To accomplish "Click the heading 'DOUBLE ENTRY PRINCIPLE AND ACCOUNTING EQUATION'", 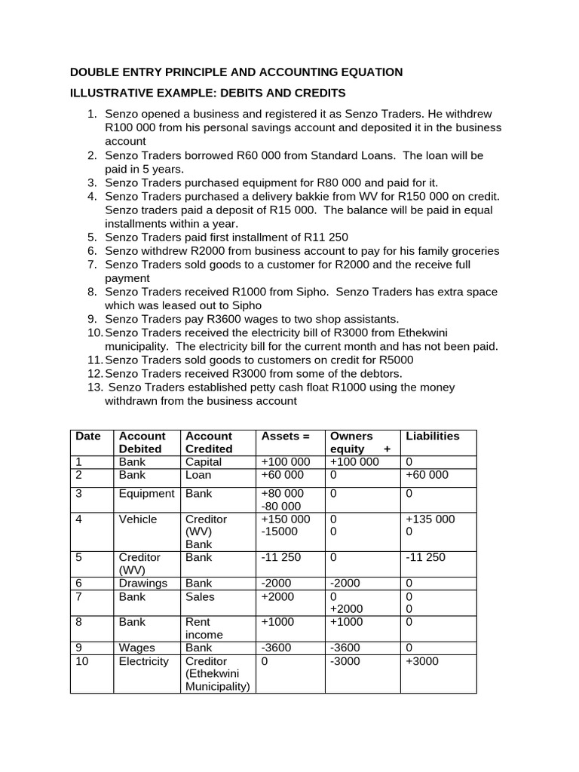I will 236,72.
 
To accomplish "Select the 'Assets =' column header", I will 285,436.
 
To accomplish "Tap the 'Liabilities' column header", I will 432,436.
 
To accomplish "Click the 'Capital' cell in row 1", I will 204,461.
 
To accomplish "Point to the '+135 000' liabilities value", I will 430,519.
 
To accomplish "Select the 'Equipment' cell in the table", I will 146,493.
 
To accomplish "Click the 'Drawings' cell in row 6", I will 142,583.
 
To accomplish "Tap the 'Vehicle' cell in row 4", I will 138,519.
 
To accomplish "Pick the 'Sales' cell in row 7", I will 200,596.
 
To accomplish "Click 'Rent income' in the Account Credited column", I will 204,628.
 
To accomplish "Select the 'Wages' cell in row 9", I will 136,648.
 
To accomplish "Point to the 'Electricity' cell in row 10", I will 144,661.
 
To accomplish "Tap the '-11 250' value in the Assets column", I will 281,557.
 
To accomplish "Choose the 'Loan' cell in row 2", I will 198,474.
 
